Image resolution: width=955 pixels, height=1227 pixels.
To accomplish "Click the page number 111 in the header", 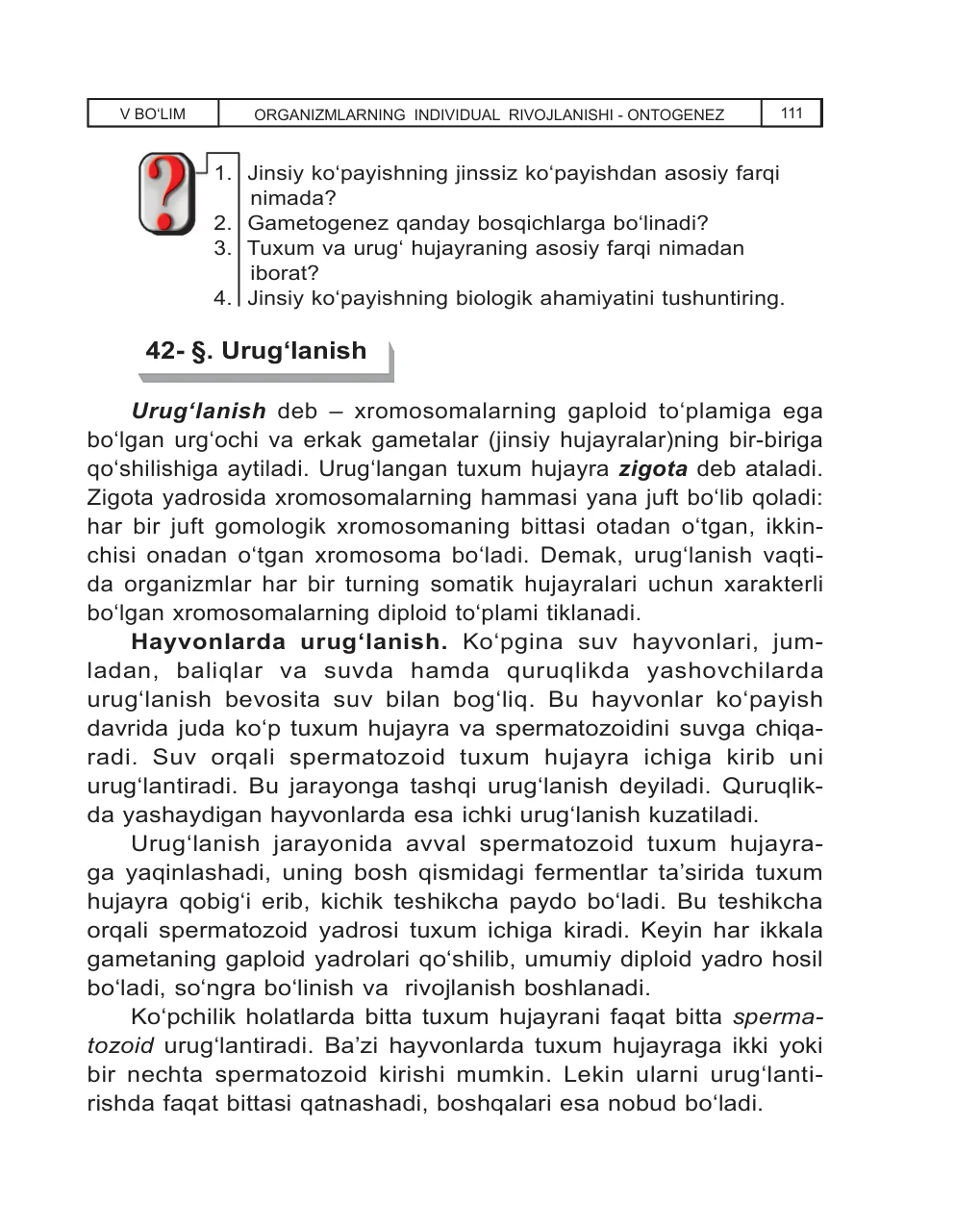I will click(x=792, y=113).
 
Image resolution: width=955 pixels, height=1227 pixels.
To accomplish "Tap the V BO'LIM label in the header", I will click(x=153, y=114).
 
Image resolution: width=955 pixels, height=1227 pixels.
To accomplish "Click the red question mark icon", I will click(x=166, y=193).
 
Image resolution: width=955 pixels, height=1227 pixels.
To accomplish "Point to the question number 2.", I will click(x=222, y=224).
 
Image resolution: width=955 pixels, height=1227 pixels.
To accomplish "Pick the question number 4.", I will click(x=222, y=298).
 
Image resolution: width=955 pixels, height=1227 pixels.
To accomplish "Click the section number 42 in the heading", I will click(x=160, y=351).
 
